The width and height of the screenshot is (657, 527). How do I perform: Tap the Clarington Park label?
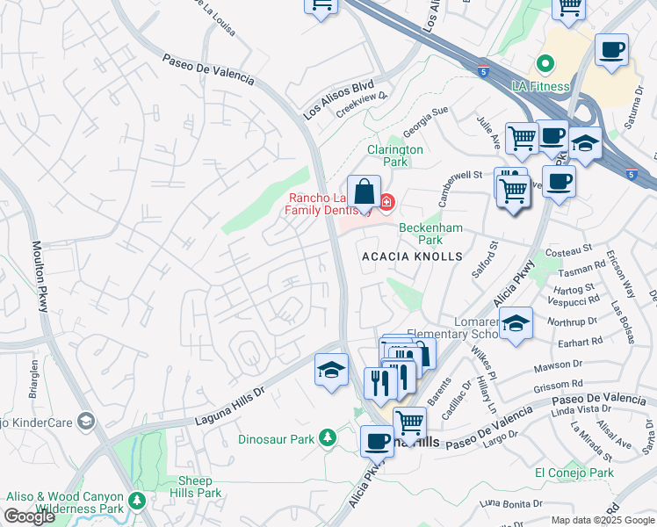click(395, 156)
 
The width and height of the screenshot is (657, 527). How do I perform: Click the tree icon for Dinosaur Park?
click(327, 437)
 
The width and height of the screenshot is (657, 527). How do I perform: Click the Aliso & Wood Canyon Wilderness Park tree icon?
click(137, 501)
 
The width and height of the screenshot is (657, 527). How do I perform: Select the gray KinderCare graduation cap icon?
click(85, 422)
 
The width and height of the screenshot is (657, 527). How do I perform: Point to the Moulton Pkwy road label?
click(40, 276)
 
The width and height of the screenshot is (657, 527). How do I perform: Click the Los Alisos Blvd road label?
click(338, 102)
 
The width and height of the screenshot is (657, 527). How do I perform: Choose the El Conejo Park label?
click(574, 473)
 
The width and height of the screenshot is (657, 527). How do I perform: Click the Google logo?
click(29, 516)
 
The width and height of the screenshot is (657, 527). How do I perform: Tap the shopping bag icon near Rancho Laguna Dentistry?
click(363, 191)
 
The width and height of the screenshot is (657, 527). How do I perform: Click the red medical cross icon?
click(386, 203)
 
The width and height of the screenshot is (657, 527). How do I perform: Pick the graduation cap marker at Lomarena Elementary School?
click(517, 323)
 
